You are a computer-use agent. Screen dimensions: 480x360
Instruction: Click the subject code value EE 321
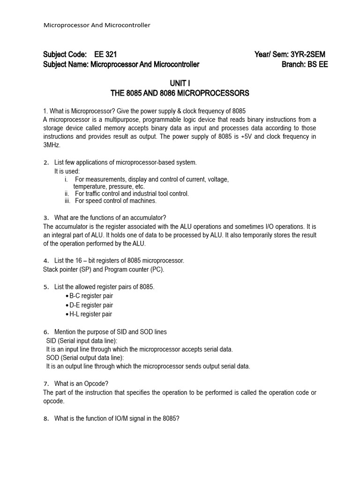tap(105, 54)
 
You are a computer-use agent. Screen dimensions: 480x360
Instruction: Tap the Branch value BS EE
tap(318, 64)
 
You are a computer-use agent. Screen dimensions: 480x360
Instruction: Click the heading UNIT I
tap(180, 83)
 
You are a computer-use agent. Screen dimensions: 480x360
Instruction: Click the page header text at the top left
tap(97, 25)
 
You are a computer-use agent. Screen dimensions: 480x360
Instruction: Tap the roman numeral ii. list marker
tap(67, 194)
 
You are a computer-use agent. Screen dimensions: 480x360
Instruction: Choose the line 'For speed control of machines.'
tap(115, 201)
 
